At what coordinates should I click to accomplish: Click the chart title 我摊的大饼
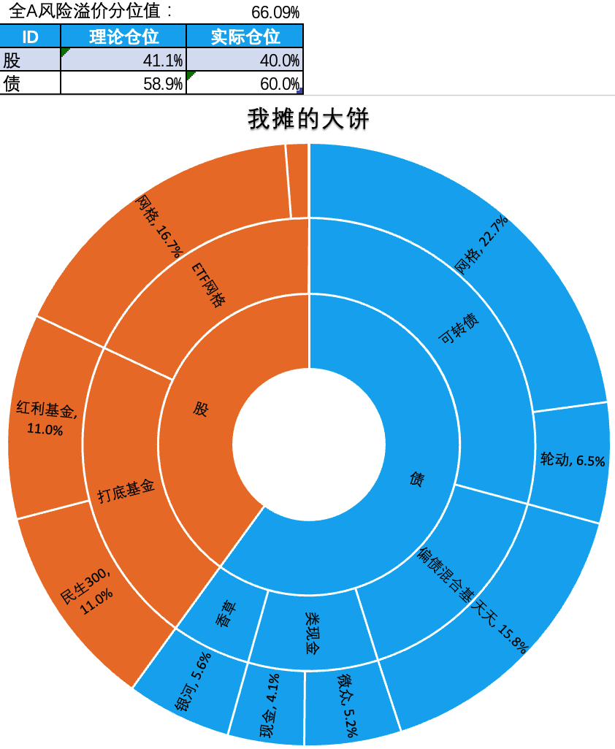pos(308,118)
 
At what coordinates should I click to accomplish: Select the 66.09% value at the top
pos(275,12)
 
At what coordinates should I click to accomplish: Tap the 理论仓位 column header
pos(123,37)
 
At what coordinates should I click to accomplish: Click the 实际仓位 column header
pos(245,37)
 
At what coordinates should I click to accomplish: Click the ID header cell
pos(30,37)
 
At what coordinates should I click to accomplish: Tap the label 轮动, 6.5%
pos(573,460)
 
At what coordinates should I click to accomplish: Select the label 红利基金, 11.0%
pos(46,418)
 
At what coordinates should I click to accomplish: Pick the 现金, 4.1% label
pos(270,705)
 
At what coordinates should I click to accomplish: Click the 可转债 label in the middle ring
pos(459,329)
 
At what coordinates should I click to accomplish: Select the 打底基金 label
pos(126,491)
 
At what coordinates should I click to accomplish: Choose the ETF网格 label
pos(208,285)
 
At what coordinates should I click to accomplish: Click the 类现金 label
pos(313,633)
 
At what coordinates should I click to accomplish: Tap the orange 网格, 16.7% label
pos(159,226)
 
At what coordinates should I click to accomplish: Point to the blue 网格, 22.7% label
pos(481,245)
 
